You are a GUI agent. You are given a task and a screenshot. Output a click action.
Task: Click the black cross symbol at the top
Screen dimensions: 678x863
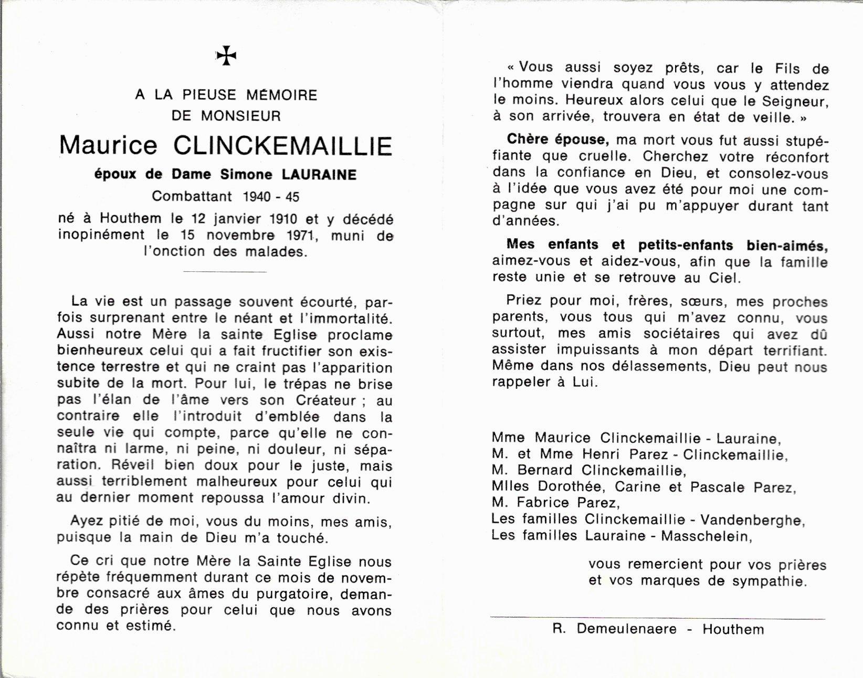tap(227, 56)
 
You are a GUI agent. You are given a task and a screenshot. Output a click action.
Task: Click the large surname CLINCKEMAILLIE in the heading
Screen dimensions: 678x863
tap(282, 145)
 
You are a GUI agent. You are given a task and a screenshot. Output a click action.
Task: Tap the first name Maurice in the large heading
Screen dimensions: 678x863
tap(108, 145)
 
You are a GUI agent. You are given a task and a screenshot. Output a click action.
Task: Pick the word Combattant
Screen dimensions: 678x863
tap(192, 196)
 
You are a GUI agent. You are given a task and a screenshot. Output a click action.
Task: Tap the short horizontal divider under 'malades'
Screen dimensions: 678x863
tap(225, 271)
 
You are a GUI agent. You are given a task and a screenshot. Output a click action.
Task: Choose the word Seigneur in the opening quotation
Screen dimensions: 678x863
tap(791, 100)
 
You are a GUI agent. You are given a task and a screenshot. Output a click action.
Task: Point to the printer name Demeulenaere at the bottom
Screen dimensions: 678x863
tap(626, 629)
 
